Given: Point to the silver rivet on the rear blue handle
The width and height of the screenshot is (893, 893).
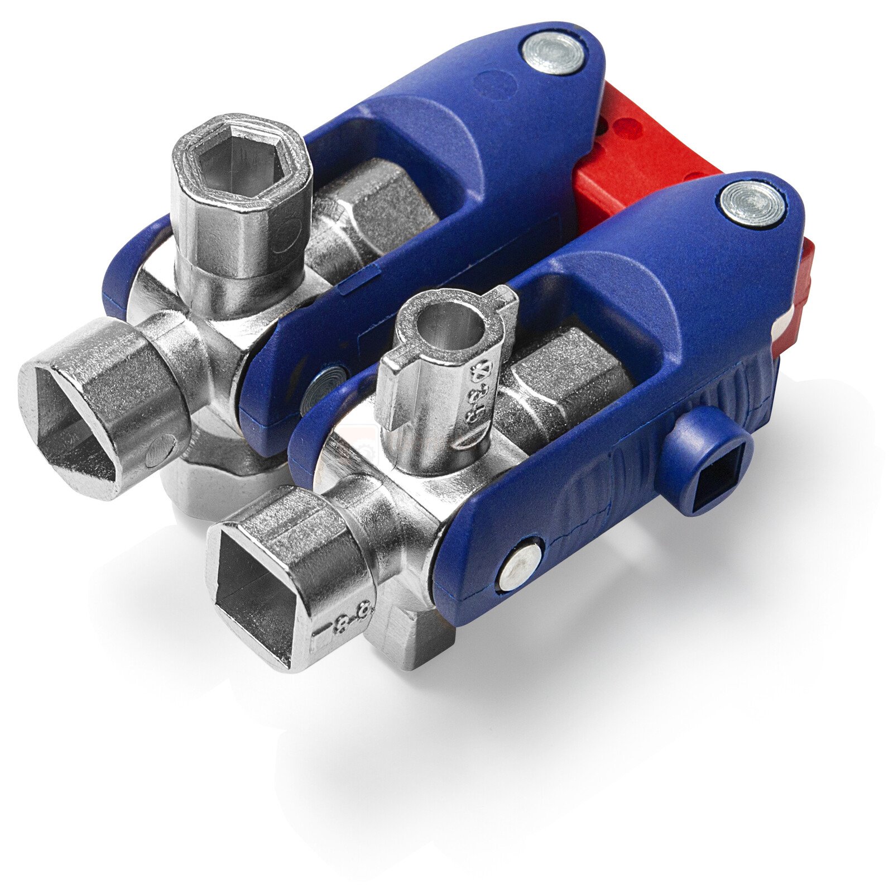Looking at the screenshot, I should pos(551,52).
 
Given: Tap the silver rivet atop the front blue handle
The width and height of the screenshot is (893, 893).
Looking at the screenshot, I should pos(751,205).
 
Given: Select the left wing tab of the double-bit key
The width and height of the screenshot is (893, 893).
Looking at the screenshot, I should pos(390,397).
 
